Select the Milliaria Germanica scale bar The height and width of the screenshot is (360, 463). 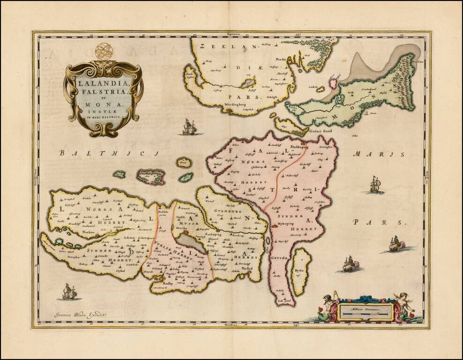point(367,310)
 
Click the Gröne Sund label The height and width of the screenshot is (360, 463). point(321,131)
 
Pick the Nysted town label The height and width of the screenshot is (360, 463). point(247,269)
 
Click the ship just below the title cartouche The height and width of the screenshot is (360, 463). point(190,127)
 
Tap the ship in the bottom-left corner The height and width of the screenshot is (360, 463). point(69,292)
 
